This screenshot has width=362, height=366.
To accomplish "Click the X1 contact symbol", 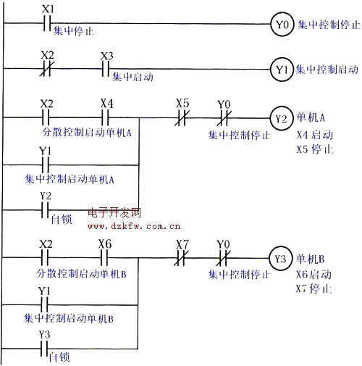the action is [x=47, y=23].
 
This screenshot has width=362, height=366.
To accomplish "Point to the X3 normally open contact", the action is [x=106, y=69].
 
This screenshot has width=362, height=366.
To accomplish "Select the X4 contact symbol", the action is [x=105, y=117].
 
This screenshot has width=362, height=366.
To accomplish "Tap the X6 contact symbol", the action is [x=104, y=258].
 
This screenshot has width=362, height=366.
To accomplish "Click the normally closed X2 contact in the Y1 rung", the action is [x=46, y=69].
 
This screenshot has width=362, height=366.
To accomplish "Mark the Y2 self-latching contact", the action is [x=45, y=210].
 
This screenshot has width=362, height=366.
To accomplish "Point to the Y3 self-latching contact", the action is [x=44, y=349].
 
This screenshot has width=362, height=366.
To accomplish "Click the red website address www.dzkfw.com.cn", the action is [x=134, y=226].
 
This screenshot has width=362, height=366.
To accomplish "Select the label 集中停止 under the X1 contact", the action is [x=74, y=31].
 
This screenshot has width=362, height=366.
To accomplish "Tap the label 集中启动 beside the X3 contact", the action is [x=132, y=77].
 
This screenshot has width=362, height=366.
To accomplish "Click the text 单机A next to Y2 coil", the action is [x=311, y=117].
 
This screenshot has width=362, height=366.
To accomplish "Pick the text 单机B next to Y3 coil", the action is [x=311, y=259].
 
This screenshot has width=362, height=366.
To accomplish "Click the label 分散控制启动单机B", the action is [x=82, y=274].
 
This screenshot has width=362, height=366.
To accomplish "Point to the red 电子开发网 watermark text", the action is [x=114, y=213].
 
